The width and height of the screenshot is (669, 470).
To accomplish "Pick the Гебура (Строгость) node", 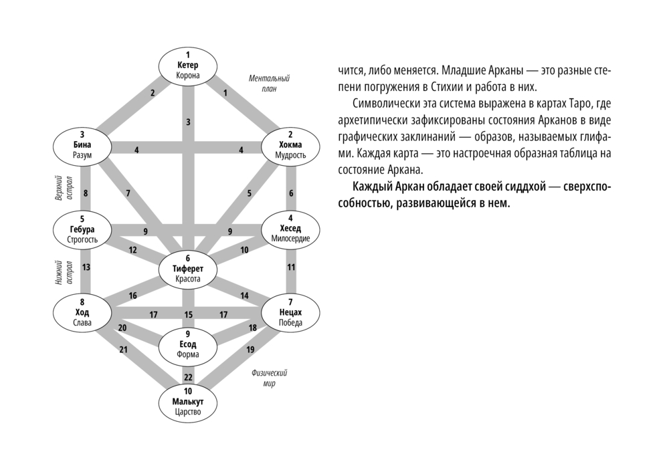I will [x=82, y=229].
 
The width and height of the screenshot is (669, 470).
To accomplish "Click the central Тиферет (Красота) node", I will [x=188, y=269].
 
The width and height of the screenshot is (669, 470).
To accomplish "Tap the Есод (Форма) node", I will [x=188, y=344].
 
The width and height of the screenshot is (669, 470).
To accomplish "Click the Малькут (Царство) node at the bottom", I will [x=188, y=402].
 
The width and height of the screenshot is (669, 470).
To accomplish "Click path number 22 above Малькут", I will [x=188, y=377].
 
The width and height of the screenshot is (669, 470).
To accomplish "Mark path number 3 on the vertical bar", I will [x=188, y=122].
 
